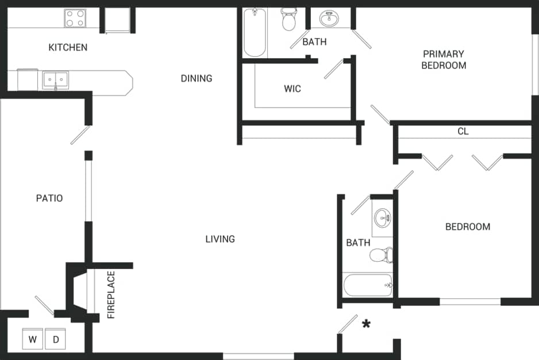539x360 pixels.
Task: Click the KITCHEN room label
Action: pos(68,47)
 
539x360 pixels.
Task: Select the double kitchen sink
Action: pos(55,81)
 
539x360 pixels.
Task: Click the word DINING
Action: pos(197,78)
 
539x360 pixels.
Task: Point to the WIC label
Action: pos(292,89)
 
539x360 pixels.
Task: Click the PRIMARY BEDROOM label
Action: pos(444,59)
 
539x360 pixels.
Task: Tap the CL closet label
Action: pos(463,131)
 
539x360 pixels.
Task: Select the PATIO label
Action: pos(49,198)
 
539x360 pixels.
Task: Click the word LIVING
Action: pos(220,239)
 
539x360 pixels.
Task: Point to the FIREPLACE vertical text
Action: pos(111,294)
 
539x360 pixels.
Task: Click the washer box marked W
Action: pos(32,339)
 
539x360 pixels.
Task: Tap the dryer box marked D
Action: pos(56,339)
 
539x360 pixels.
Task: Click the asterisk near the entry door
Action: pos(366,324)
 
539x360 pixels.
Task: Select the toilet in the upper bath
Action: pos(288,21)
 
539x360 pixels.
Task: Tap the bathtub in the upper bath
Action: pos(255,33)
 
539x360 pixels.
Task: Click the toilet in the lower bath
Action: pos(382,254)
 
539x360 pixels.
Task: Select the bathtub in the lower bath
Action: pos(368,285)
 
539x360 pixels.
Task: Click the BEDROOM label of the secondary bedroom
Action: pos(468,227)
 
